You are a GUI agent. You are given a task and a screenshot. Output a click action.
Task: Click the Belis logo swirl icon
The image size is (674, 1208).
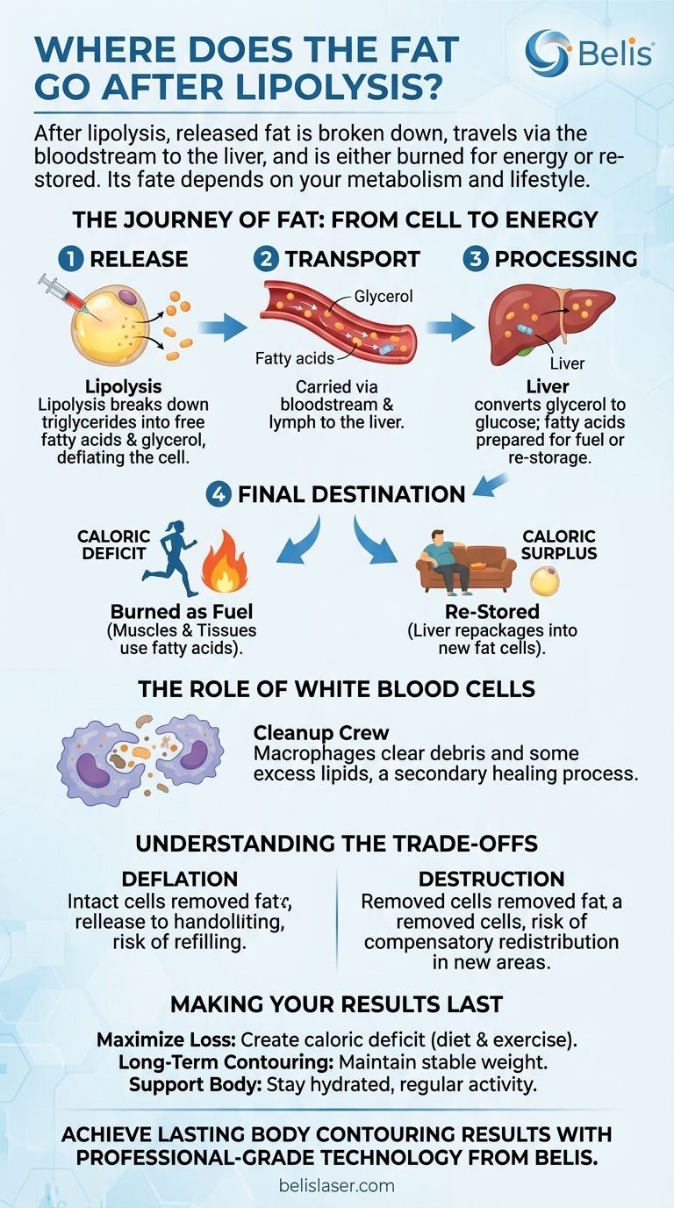[x=547, y=50]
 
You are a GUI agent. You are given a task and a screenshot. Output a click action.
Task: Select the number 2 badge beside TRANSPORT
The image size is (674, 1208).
[x=266, y=259]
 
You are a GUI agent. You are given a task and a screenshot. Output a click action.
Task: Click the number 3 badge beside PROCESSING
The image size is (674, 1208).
[x=475, y=259]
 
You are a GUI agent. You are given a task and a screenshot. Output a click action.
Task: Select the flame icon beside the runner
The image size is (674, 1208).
[x=226, y=569]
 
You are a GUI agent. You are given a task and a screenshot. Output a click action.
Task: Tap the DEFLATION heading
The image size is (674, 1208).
[x=179, y=879]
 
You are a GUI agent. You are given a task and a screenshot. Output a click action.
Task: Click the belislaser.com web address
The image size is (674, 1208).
[x=337, y=1185]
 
